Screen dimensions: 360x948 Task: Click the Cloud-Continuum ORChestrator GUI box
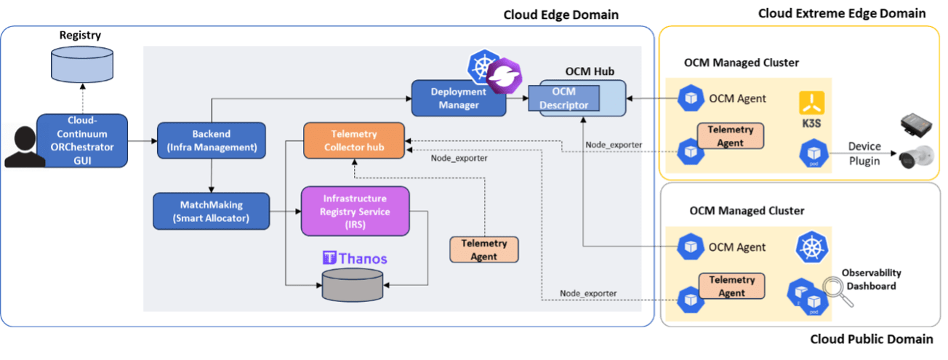(82, 140)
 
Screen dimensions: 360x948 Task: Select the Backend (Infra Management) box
(211, 140)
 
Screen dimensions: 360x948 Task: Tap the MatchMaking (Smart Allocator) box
(211, 211)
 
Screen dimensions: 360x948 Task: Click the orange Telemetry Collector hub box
(353, 140)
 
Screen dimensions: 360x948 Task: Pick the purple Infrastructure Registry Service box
(355, 211)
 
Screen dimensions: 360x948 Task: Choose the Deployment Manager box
(459, 98)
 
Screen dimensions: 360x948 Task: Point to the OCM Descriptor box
(563, 98)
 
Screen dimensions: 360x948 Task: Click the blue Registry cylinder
(82, 66)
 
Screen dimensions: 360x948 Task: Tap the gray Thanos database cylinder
(353, 284)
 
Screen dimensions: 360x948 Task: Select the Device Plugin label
(864, 153)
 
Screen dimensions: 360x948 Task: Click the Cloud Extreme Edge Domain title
(842, 14)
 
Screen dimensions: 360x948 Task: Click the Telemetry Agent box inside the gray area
(483, 249)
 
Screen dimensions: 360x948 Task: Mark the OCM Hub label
(590, 71)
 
